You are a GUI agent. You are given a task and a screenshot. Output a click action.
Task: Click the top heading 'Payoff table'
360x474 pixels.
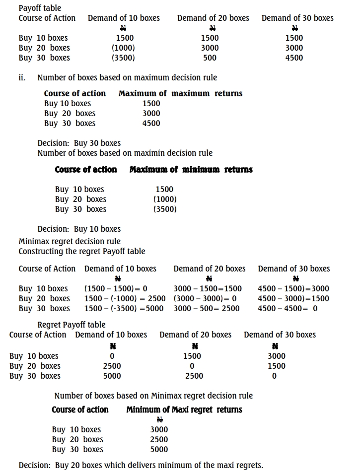(x=40, y=8)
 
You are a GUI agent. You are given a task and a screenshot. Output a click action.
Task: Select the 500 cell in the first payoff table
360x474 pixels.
(x=210, y=58)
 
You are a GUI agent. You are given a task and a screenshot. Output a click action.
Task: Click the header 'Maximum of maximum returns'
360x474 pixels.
(x=180, y=93)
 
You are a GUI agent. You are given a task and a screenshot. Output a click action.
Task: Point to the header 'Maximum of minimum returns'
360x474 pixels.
(x=191, y=170)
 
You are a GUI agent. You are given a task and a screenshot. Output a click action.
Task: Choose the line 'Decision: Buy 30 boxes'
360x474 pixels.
(x=79, y=143)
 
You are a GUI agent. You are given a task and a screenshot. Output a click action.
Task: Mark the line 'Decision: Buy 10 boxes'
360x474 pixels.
(x=79, y=229)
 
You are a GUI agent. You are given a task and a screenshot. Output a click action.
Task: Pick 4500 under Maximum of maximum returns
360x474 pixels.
(x=151, y=123)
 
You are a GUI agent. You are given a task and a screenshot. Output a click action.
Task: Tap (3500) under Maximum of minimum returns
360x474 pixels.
(x=165, y=209)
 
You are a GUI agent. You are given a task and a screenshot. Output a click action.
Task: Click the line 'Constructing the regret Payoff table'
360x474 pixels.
(x=82, y=251)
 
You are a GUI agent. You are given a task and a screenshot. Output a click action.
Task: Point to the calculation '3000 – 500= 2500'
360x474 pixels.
(x=207, y=308)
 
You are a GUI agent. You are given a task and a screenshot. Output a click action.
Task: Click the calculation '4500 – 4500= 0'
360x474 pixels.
(x=288, y=308)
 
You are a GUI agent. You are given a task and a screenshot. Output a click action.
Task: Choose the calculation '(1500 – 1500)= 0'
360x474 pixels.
(x=116, y=288)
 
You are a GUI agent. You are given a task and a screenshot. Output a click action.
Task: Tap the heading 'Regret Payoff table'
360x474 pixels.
(x=72, y=325)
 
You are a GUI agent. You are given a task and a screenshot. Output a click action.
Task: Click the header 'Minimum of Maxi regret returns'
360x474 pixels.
(x=184, y=410)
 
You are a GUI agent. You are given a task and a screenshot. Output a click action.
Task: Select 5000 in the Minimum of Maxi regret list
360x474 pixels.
(x=159, y=449)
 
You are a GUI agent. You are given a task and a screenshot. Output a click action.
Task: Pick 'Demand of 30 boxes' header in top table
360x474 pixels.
(x=297, y=18)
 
